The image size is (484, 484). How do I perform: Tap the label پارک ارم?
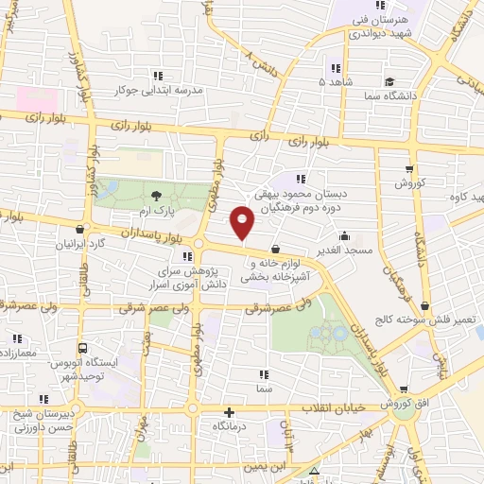(161, 210)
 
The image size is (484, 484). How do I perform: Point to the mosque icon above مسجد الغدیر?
(344, 235)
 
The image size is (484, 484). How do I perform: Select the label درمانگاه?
(230, 426)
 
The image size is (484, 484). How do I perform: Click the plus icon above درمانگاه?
(230, 412)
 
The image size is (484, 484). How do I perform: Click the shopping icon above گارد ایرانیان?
(78, 229)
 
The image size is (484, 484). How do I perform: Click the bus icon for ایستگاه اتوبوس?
(83, 348)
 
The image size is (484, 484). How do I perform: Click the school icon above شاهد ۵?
(334, 68)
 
